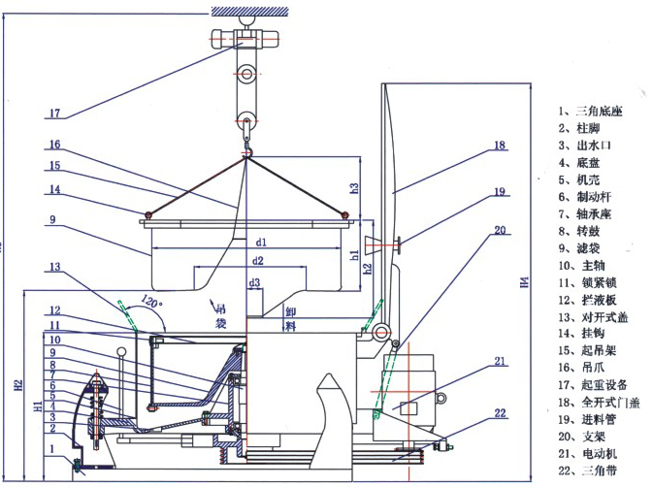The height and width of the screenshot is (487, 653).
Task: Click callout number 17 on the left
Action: point(54,114)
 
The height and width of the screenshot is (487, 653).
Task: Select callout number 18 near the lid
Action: point(499,146)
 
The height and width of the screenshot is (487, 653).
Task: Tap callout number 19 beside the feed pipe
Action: point(499,192)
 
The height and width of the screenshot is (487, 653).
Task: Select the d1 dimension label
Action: point(261,242)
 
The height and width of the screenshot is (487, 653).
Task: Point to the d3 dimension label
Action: point(254,283)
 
